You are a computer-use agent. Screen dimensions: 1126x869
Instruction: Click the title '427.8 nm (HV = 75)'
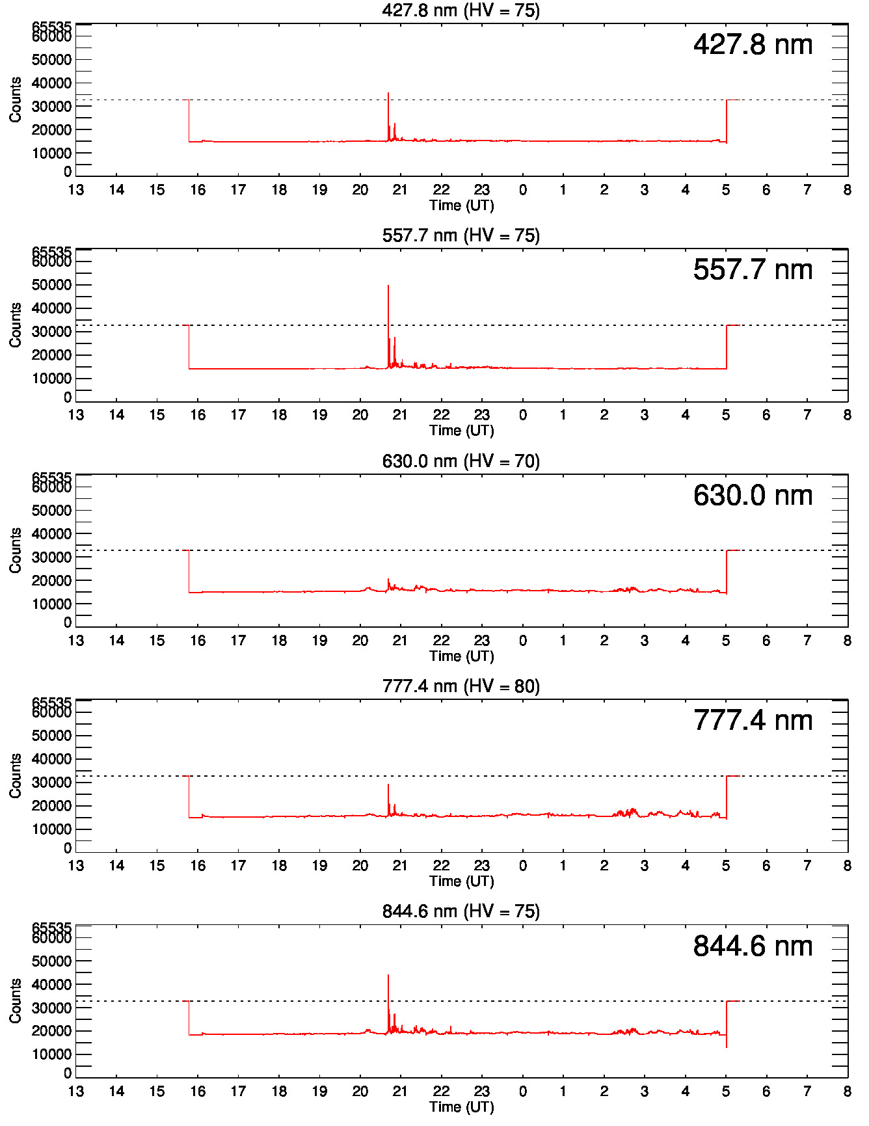tap(461, 10)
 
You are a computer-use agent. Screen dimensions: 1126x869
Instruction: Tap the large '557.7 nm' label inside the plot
tap(753, 270)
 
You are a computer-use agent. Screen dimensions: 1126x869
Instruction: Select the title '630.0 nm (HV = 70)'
tap(461, 461)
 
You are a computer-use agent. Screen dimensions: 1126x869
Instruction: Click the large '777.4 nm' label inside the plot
tap(753, 721)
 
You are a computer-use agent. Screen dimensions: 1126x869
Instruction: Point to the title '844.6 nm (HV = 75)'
tap(461, 911)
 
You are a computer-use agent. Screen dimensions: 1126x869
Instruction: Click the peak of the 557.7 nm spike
tap(388, 286)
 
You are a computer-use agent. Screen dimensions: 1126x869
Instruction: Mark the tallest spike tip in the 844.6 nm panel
tap(388, 975)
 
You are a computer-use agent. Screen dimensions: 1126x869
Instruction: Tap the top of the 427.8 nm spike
tap(388, 93)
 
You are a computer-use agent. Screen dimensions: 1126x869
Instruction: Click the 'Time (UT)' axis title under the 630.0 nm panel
tap(461, 656)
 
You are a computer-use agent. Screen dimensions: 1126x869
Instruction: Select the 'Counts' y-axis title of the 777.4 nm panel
tap(16, 775)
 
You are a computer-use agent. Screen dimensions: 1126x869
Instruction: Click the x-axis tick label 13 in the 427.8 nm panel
tap(76, 190)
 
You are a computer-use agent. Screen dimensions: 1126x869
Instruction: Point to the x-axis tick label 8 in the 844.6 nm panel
tap(847, 1091)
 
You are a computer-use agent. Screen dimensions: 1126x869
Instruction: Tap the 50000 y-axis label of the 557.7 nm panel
tap(51, 285)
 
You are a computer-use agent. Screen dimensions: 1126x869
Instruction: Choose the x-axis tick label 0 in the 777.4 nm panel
tap(522, 866)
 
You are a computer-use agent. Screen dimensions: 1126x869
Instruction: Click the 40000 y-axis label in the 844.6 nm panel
tap(51, 984)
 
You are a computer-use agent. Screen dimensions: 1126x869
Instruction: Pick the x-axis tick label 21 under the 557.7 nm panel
tap(400, 415)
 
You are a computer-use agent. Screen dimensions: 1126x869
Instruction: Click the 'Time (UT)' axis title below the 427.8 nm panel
tap(461, 206)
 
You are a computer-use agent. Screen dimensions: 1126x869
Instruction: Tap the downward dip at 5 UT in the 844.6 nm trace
tap(727, 1047)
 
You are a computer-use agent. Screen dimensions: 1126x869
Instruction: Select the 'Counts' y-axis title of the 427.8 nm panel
tap(16, 100)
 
